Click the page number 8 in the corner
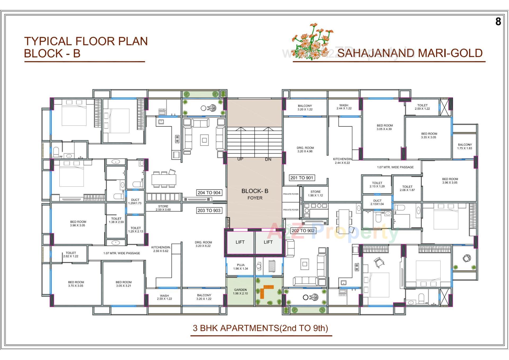[498, 21]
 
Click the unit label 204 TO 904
[209, 193]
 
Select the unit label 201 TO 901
[302, 178]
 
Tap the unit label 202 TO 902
[303, 231]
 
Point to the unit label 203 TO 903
[209, 210]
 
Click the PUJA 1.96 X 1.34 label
[241, 267]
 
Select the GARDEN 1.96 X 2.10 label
[240, 292]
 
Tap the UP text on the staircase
[240, 159]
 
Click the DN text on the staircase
[268, 159]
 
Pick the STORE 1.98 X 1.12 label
[315, 193]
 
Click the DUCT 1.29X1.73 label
[135, 201]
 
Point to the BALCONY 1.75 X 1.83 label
[465, 146]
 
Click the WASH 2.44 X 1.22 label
[344, 107]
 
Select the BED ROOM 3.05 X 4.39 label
[385, 127]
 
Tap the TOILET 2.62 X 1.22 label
[71, 254]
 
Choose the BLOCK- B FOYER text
[255, 194]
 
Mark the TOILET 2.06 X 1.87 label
[407, 188]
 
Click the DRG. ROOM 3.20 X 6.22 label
[203, 244]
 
